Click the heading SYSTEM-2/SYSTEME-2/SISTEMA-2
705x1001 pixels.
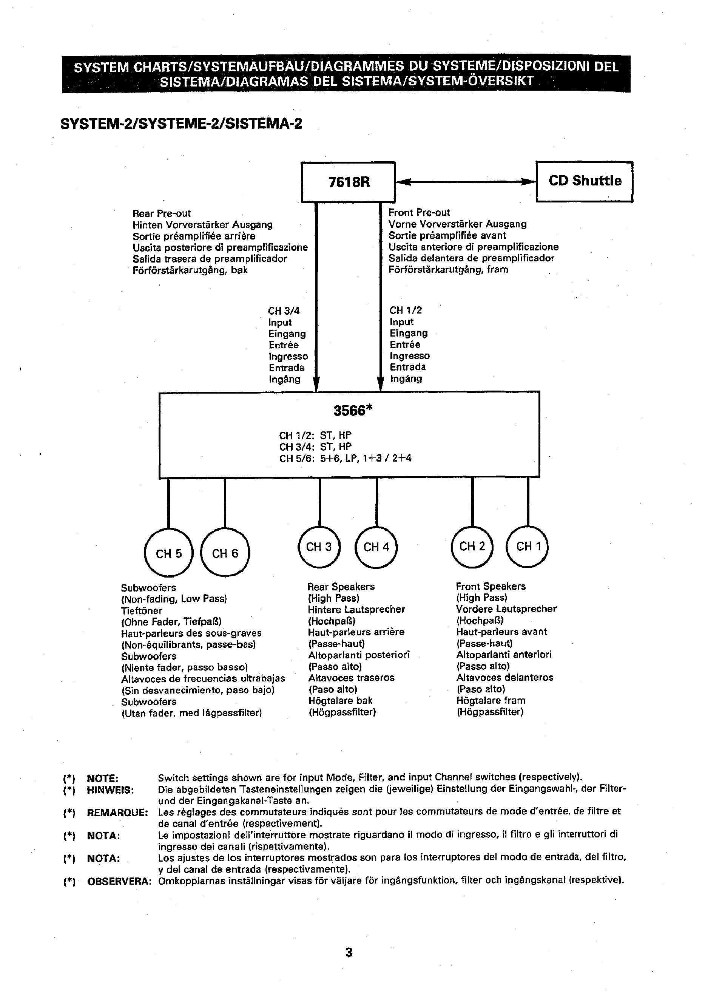click(181, 124)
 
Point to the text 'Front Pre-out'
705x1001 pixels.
click(419, 212)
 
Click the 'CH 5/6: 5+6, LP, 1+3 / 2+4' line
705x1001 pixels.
click(345, 458)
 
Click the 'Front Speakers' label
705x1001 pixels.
click(491, 586)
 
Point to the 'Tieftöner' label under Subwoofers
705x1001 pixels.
click(142, 611)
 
